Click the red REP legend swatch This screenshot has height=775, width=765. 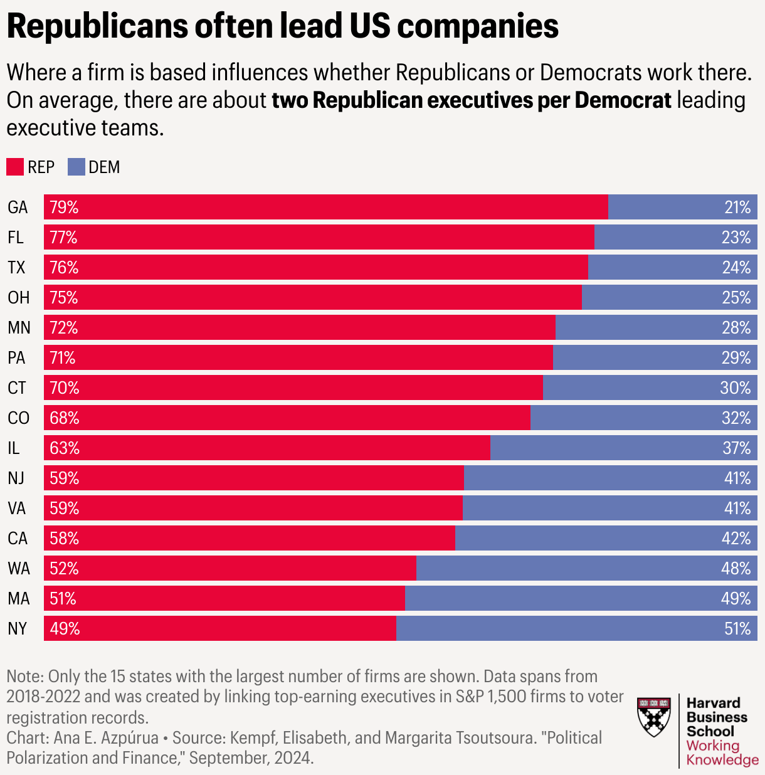(15, 167)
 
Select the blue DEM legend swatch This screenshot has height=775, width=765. (76, 167)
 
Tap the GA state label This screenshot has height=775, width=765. (18, 207)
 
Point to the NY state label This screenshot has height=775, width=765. (18, 628)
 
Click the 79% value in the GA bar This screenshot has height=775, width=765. (64, 207)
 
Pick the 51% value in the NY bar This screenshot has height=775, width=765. (737, 628)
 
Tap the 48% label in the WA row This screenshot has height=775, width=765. (736, 568)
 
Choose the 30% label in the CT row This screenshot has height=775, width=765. (736, 387)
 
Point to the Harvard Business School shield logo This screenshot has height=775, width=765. (653, 717)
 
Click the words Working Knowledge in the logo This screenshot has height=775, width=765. (721, 752)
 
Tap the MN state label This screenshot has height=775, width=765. (19, 327)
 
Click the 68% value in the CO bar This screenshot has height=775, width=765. (65, 418)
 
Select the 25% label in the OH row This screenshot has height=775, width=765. (736, 297)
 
